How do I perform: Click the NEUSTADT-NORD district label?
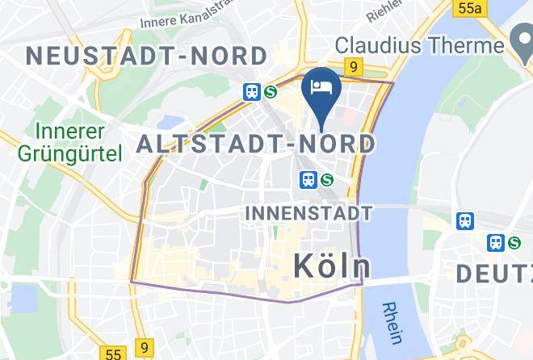tap(146, 56)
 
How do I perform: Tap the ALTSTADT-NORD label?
tap(256, 144)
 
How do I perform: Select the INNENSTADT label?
tap(308, 213)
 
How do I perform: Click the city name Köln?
tap(331, 266)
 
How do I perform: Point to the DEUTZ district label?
tap(493, 274)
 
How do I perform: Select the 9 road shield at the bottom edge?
tap(145, 347)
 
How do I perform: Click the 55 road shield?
tap(113, 354)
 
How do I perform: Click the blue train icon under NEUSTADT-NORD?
tap(252, 92)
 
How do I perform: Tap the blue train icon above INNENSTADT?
tap(308, 180)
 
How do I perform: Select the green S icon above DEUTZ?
tap(514, 241)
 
